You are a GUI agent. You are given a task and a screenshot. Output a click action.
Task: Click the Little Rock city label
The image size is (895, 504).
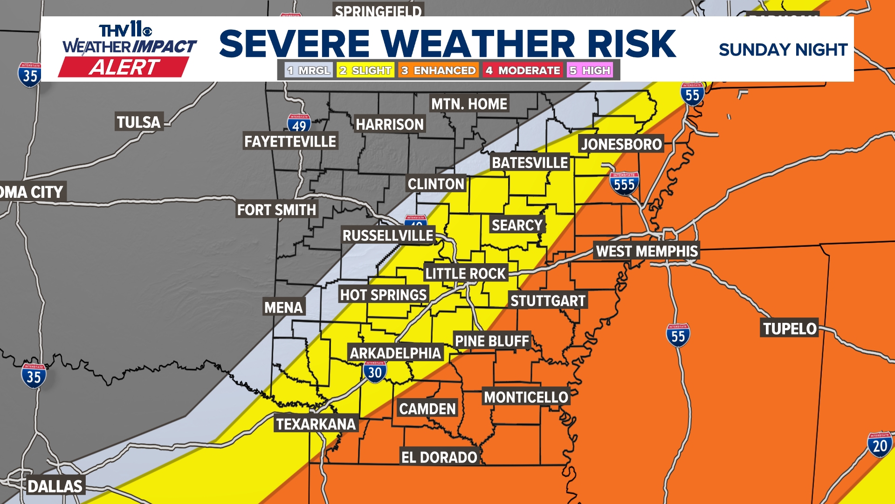click(x=465, y=273)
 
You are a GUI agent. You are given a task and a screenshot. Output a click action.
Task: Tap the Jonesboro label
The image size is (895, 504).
click(x=621, y=144)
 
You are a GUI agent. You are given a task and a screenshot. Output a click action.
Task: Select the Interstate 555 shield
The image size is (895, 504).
click(x=624, y=184)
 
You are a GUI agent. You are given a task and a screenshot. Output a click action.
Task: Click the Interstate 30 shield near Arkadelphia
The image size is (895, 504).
click(x=375, y=371)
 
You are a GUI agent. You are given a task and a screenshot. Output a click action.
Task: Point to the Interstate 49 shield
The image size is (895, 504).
click(x=299, y=125)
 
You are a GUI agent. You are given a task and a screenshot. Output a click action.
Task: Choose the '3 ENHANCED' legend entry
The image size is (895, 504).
click(x=439, y=70)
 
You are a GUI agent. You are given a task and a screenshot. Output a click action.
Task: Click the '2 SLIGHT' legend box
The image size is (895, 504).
click(x=365, y=70)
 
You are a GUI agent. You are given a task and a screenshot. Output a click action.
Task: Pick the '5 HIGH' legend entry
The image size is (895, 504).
click(x=590, y=70)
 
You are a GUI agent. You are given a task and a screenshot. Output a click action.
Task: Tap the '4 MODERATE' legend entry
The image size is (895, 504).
click(x=523, y=70)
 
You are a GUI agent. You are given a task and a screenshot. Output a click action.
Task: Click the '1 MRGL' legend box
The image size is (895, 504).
click(x=309, y=70)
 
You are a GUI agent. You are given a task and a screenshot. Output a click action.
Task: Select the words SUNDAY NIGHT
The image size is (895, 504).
click(x=783, y=49)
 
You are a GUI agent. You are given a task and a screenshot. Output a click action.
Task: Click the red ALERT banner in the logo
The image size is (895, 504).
click(x=124, y=67)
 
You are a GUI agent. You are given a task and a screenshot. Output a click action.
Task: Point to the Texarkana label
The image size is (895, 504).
click(x=316, y=424)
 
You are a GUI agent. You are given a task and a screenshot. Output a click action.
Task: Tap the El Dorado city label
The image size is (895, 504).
click(x=439, y=457)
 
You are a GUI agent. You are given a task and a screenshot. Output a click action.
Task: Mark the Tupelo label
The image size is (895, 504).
click(x=790, y=329)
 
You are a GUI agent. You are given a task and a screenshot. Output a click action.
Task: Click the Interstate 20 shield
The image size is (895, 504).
click(x=880, y=445)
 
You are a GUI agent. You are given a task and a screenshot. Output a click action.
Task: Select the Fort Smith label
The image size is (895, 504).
click(x=276, y=210)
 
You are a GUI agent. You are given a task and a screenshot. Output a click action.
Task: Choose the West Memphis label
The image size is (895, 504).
click(x=647, y=251)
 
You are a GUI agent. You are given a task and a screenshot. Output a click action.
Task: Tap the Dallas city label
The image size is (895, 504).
click(x=55, y=486)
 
